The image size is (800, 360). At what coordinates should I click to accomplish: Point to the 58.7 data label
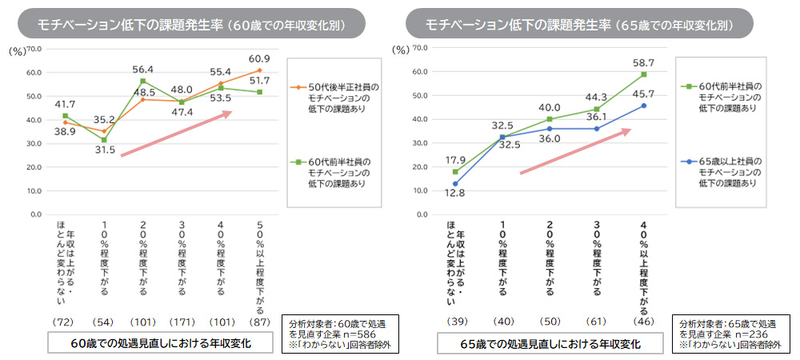pos(644,62)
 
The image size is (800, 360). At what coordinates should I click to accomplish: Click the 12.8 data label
pos(455,194)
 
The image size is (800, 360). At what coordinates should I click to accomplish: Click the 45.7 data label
pos(644,94)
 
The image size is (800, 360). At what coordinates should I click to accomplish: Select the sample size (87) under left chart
pos(260,321)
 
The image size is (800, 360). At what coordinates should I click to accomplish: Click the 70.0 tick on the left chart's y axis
pos(35,49)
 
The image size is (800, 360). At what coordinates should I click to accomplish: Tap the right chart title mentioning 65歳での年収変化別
pos(579,24)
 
